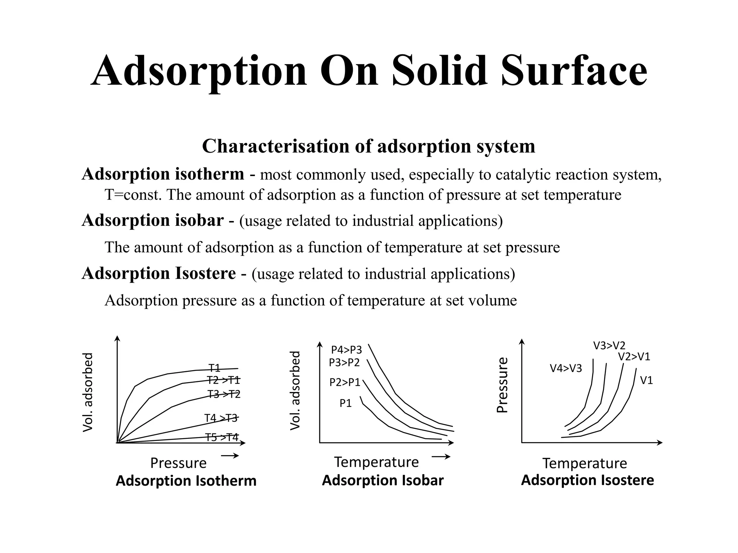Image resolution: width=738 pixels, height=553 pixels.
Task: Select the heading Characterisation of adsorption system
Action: [369, 146]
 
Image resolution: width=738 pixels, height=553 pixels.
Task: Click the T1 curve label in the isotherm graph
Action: [214, 368]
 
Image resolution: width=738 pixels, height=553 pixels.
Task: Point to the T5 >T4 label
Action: [222, 437]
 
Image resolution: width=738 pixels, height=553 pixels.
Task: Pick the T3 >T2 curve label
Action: [224, 394]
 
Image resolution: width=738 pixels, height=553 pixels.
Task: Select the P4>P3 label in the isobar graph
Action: [346, 350]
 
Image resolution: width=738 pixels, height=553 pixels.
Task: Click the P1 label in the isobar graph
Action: [346, 403]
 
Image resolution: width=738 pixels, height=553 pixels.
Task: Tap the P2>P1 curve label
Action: [345, 382]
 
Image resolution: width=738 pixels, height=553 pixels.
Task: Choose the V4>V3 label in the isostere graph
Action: [566, 368]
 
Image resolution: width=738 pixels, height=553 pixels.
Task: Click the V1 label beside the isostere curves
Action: [646, 380]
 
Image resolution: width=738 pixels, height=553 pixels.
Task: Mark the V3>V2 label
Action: [609, 346]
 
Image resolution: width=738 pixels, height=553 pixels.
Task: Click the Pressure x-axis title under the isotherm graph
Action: [178, 463]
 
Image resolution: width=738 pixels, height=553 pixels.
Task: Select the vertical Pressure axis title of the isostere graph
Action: [502, 385]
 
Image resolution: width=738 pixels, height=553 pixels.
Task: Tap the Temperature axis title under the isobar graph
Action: [377, 462]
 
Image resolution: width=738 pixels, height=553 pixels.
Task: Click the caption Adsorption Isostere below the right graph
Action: [587, 480]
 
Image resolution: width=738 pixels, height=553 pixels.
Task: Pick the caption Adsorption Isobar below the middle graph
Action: [383, 480]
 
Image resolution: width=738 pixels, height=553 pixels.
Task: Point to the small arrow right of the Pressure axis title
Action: [230, 456]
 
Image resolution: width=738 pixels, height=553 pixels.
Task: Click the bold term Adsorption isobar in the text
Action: [153, 220]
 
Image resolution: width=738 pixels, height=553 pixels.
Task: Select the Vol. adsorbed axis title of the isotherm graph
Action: [88, 392]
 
